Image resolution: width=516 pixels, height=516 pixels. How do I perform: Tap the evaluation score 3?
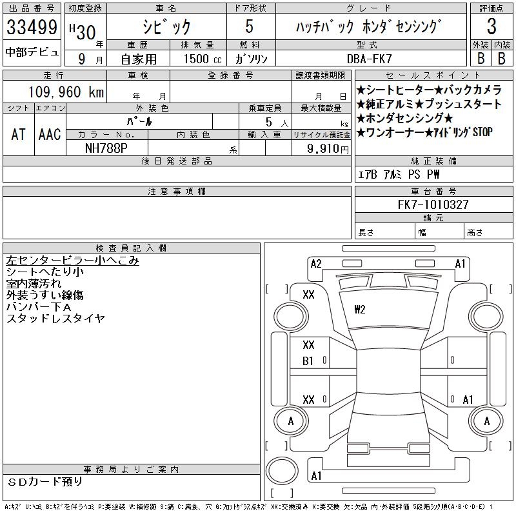(x=491, y=27)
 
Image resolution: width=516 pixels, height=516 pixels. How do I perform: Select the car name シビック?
(x=166, y=26)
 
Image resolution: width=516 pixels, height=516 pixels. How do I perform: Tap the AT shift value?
(x=19, y=134)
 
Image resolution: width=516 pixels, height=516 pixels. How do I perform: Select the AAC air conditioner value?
(x=50, y=134)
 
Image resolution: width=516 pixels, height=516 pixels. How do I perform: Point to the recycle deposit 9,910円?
(x=330, y=148)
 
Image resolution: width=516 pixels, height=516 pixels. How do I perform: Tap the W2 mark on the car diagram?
(x=360, y=310)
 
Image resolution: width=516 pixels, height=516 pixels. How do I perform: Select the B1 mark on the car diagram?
(x=308, y=361)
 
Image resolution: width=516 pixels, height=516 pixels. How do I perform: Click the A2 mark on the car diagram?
(x=316, y=263)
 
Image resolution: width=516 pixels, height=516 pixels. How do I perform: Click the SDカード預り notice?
(x=46, y=481)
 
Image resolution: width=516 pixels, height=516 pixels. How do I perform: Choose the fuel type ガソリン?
(x=252, y=58)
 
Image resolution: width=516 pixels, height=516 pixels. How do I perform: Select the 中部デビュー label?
(x=32, y=52)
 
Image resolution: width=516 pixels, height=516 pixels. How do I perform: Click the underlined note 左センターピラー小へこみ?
(x=72, y=261)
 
